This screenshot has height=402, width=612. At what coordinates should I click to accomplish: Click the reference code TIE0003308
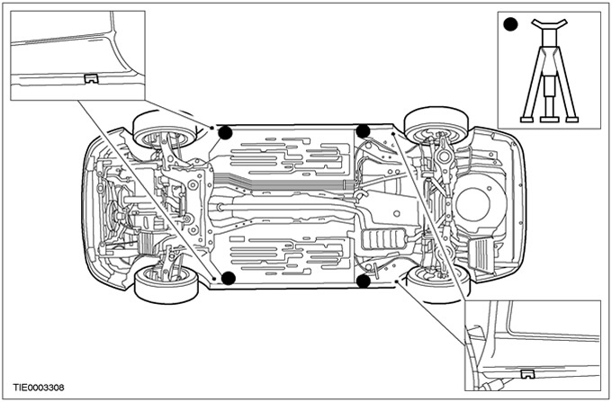(39, 388)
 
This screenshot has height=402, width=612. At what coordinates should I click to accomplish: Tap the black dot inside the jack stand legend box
(510, 24)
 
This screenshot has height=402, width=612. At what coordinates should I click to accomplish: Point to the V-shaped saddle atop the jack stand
(550, 23)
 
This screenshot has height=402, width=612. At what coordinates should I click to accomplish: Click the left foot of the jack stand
(526, 120)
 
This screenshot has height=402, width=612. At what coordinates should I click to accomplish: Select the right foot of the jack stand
(571, 120)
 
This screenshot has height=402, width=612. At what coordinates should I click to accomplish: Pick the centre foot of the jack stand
(550, 120)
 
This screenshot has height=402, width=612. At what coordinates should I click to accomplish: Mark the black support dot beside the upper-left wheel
(225, 133)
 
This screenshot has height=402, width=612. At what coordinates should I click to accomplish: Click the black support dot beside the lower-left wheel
(229, 278)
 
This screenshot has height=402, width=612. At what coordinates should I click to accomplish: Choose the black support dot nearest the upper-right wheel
(363, 131)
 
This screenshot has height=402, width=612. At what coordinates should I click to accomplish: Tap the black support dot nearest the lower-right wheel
(364, 281)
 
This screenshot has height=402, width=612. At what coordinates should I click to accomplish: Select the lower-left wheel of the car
(166, 284)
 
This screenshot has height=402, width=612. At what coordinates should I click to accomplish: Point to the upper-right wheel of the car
(436, 125)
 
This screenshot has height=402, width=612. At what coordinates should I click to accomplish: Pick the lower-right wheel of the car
(438, 284)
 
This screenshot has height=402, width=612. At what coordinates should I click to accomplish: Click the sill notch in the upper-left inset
(91, 78)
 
